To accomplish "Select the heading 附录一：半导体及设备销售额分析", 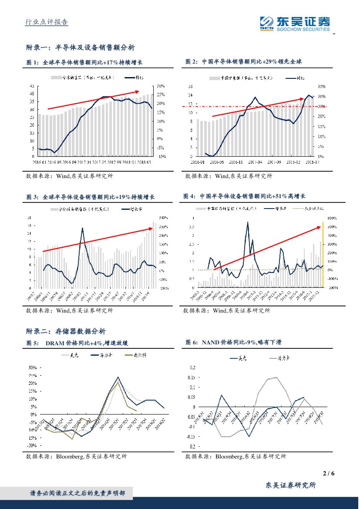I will coord(81,47).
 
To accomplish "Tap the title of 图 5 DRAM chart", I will coord(78,343).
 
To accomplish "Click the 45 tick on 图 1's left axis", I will coord(31,86).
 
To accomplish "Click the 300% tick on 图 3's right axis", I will coord(163,217).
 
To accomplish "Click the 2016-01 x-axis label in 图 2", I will coord(197,162).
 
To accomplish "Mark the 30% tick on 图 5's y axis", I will coord(32,367).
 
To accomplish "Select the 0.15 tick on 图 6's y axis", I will coord(192,377).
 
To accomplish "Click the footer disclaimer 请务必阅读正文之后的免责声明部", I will coord(77,493).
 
